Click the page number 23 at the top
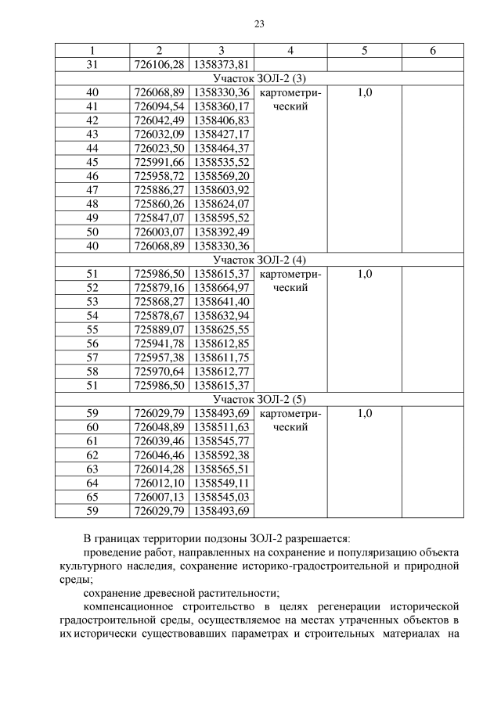[259, 23]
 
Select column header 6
[432, 51]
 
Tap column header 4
[290, 51]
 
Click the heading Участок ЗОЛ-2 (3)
[258, 79]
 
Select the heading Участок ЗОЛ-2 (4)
[258, 260]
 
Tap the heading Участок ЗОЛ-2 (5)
[258, 400]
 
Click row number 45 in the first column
[92, 163]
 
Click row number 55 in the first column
[92, 329]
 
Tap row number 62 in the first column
[92, 455]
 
